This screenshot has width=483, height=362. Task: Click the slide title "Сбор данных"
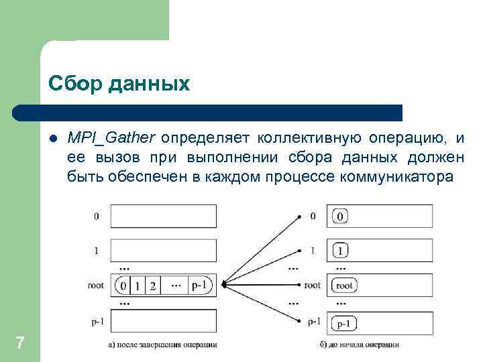[x=119, y=83]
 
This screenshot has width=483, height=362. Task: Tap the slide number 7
[x=20, y=344]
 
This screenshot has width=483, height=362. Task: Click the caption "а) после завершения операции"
[x=162, y=345]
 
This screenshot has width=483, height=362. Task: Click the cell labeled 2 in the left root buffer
[x=153, y=286]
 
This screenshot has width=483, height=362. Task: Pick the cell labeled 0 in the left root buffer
[x=123, y=286]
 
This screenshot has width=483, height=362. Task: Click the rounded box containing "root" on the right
[x=343, y=286]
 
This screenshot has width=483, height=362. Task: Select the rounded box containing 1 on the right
[x=340, y=251]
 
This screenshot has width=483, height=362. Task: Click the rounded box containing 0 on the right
[x=339, y=217]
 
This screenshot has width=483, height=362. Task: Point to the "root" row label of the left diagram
[x=95, y=286]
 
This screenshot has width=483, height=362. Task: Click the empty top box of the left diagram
[x=163, y=217]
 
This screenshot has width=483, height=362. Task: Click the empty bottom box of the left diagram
[x=163, y=322]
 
